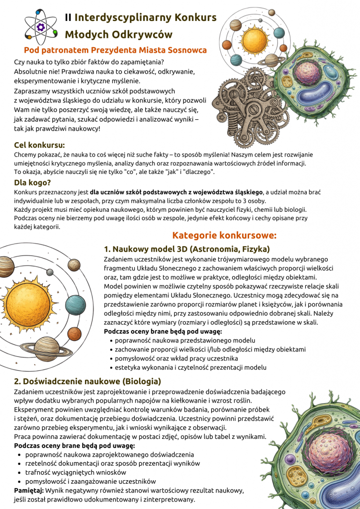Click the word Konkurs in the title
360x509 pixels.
[195, 17]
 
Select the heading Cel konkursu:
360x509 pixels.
[39, 145]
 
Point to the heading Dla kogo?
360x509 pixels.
[33, 182]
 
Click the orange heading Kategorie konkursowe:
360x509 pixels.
[224, 235]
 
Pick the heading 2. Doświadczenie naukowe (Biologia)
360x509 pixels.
[88, 381]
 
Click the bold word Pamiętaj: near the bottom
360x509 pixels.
[29, 490]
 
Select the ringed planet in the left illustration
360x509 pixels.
[47, 348]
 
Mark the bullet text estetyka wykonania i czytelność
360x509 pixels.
[190, 367]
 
